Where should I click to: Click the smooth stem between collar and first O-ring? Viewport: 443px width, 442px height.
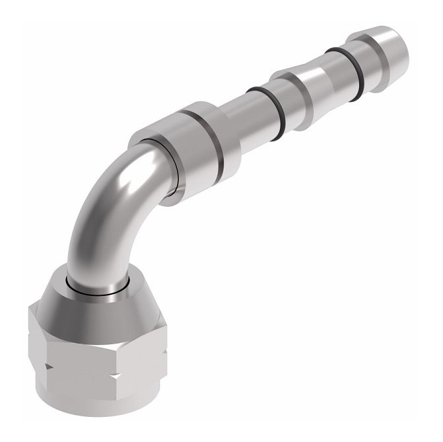click(x=234, y=119)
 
